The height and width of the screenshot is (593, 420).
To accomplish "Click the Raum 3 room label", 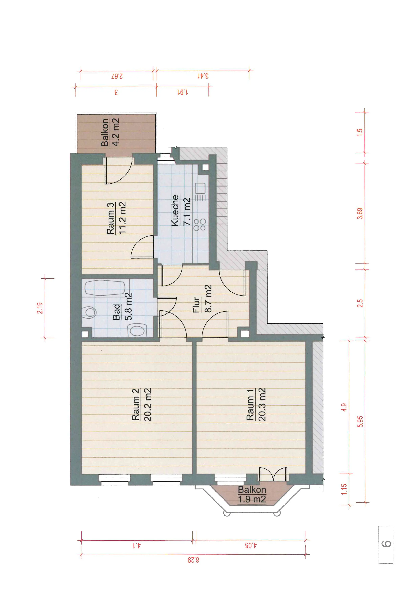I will click(x=110, y=218).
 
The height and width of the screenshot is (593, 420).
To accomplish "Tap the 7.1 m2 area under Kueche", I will click(x=187, y=211).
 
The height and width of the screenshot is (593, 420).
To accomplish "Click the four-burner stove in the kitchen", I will click(x=200, y=225).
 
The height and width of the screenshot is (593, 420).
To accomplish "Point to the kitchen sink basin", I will click(x=200, y=188).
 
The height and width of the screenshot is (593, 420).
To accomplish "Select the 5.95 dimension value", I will click(x=360, y=422).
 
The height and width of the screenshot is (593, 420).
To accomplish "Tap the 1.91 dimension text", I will click(x=183, y=92).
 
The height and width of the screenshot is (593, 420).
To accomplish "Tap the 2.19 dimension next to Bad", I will click(x=40, y=308).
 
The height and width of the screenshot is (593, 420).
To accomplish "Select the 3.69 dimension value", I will click(x=360, y=213).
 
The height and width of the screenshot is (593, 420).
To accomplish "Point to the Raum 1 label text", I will click(x=250, y=404).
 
